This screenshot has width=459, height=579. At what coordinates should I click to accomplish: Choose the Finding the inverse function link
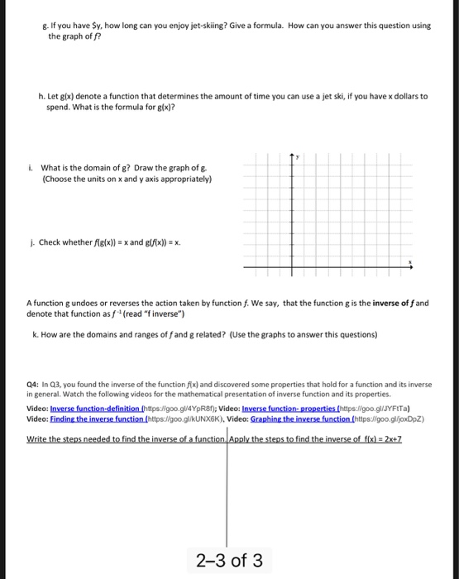pyautogui.click(x=98, y=419)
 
